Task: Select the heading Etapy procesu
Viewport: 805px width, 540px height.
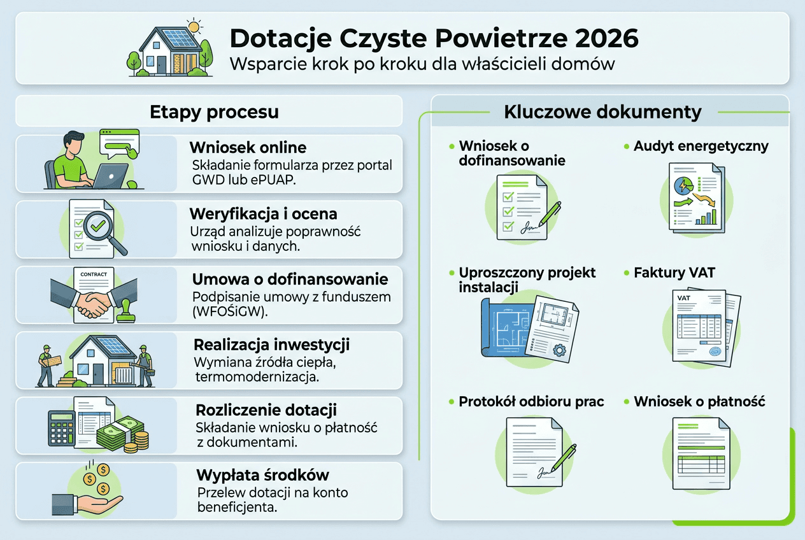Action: point(214,112)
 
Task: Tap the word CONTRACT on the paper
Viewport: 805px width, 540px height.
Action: point(93,274)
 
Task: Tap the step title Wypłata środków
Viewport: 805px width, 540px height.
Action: point(262,475)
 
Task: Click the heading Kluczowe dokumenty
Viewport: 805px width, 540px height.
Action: point(602,112)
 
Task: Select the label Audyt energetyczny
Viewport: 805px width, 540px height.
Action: point(701,146)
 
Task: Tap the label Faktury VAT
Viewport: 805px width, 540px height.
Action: point(674,273)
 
